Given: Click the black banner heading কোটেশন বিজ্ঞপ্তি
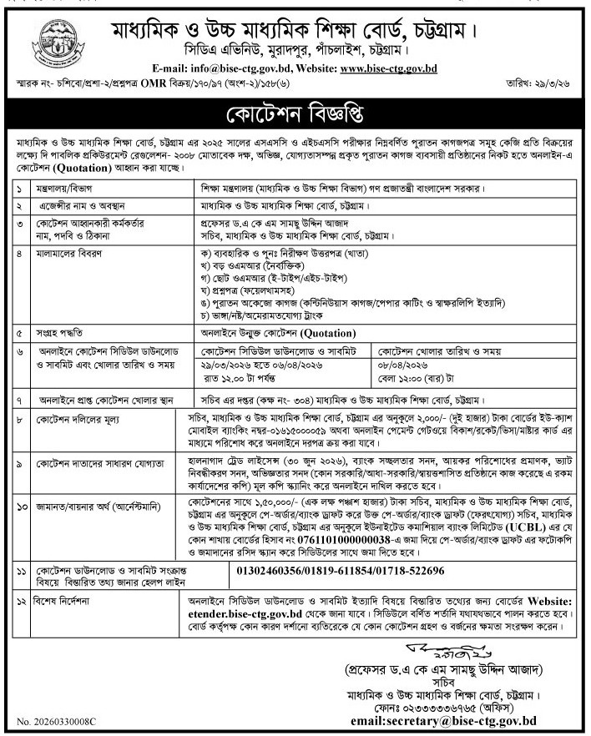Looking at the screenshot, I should [295, 113].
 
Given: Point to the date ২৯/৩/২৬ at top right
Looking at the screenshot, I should [558, 84].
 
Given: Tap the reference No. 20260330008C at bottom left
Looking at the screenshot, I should [57, 719].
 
